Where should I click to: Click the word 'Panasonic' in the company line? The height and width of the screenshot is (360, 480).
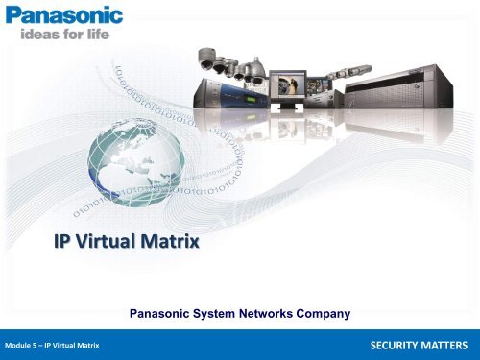point(163,311)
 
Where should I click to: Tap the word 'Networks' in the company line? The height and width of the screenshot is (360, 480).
point(278,311)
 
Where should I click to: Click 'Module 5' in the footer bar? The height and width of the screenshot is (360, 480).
point(24,344)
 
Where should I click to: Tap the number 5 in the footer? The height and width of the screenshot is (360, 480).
point(40,344)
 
